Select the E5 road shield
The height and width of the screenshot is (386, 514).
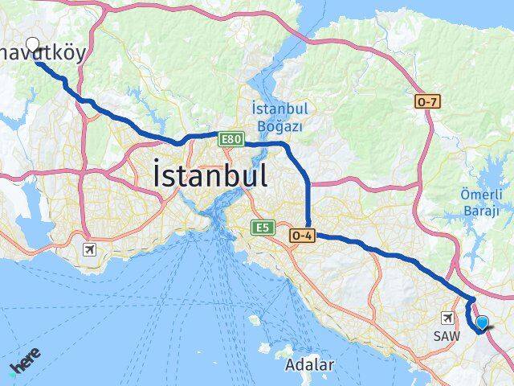[263, 228]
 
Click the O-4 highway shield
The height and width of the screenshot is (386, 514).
[301, 234]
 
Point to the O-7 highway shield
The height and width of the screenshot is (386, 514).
[426, 102]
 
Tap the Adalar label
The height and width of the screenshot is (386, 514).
[309, 365]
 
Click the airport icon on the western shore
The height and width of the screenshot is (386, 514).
[88, 249]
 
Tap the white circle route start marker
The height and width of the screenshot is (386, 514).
[33, 43]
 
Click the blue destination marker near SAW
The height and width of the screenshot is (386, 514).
[482, 323]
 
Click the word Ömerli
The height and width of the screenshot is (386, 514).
[481, 195]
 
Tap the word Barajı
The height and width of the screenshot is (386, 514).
[480, 211]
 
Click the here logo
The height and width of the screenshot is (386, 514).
[24, 359]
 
